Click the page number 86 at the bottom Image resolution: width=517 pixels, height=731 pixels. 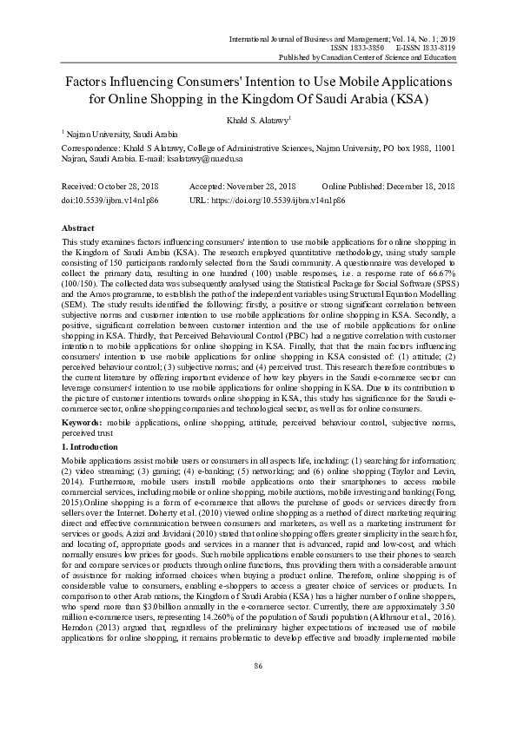258,690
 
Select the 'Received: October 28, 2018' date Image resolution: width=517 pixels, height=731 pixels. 109,187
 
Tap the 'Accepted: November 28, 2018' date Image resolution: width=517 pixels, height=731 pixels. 242,187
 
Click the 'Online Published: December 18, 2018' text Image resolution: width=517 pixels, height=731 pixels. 388,187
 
